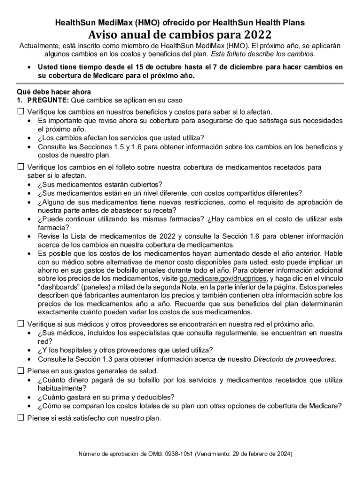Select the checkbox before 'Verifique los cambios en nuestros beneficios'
pyautogui.click(x=21, y=112)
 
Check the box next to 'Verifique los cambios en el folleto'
pyautogui.click(x=21, y=167)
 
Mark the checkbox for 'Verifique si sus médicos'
pyautogui.click(x=21, y=324)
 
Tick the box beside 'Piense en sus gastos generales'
pyautogui.click(x=21, y=370)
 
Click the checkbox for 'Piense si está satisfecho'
pyautogui.click(x=21, y=418)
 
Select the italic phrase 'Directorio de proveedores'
pyautogui.click(x=294, y=359)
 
